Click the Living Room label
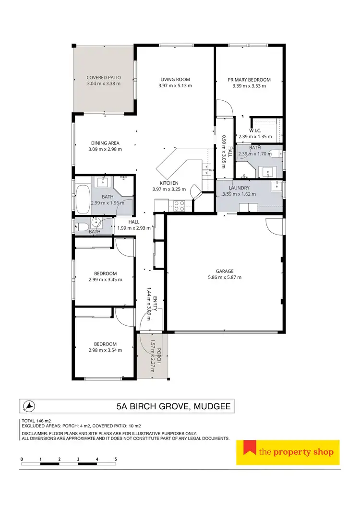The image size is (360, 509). click(x=175, y=80)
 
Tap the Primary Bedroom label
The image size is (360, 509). click(x=249, y=80)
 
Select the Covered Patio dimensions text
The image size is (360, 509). click(x=104, y=84)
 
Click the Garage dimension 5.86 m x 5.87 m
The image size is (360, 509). click(x=225, y=277)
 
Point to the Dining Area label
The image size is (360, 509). click(x=105, y=143)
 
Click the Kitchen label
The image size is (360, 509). click(x=169, y=183)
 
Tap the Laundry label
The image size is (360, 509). click(x=239, y=188)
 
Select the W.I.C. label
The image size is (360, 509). click(x=255, y=130)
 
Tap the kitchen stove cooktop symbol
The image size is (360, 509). click(x=179, y=206)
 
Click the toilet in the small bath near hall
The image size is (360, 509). click(x=81, y=225)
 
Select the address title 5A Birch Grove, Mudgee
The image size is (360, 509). click(x=173, y=407)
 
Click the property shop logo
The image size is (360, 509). click(x=288, y=452)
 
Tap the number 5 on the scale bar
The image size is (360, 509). click(x=116, y=459)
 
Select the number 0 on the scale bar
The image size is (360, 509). click(x=22, y=459)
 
